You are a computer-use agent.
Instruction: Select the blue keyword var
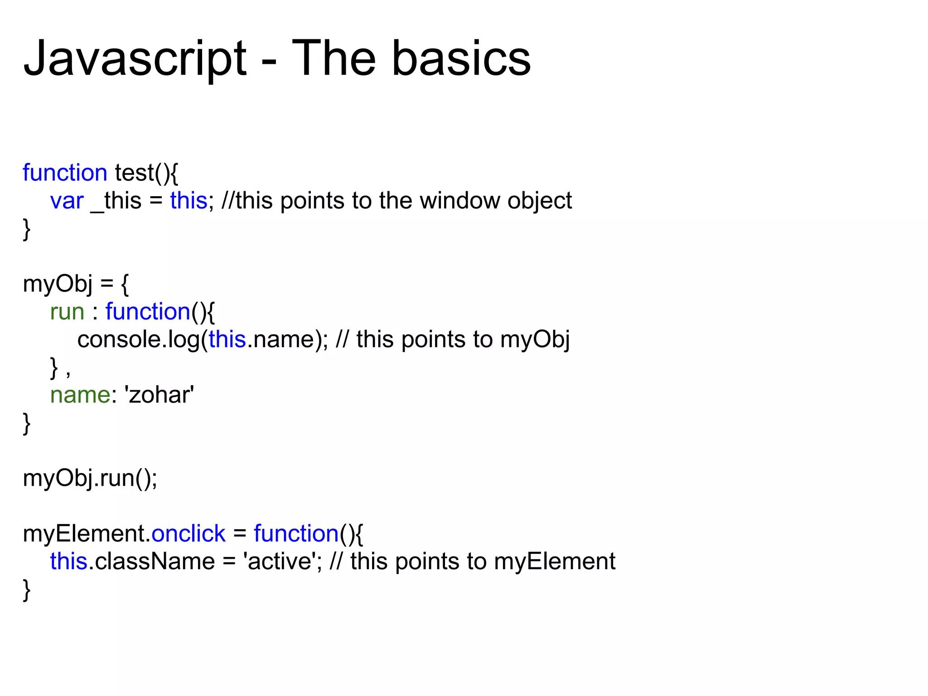pos(67,201)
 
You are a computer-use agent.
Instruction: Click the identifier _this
pos(116,201)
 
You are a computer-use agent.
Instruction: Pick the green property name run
pos(67,312)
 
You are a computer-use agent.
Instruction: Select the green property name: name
pos(80,395)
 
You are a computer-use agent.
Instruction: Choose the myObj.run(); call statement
pos(90,478)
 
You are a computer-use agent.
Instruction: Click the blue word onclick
pos(188,534)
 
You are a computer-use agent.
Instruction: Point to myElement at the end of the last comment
pos(555,561)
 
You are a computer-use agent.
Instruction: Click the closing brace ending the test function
pos(27,229)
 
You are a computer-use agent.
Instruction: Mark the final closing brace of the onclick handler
pos(27,590)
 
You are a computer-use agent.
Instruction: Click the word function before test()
pos(65,173)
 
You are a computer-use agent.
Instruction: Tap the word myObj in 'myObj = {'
pos(58,285)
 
